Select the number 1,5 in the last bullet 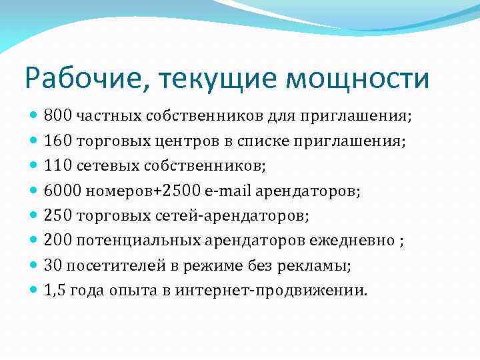pos(54,291)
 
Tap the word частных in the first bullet pos(101,117)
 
